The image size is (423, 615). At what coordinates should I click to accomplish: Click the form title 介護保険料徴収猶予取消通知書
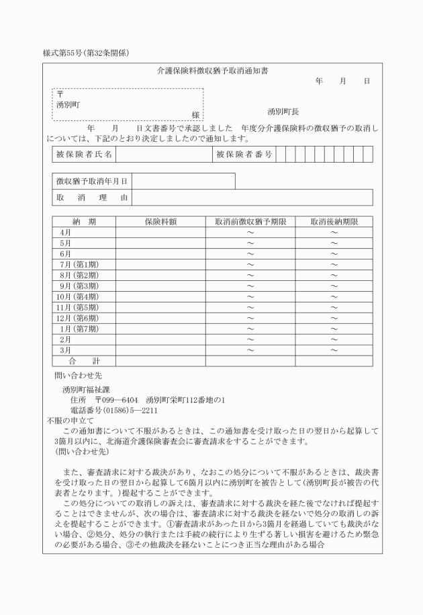[x=212, y=70]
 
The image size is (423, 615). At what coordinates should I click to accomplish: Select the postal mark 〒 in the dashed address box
[x=60, y=94]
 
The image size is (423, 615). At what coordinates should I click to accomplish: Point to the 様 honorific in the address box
[x=195, y=116]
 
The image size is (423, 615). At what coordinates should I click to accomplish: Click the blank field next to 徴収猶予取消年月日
[x=183, y=181]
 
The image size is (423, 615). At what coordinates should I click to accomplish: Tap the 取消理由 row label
[x=92, y=198]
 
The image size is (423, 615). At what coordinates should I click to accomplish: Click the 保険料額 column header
[x=160, y=221]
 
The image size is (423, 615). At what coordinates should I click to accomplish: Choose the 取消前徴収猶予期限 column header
[x=250, y=221]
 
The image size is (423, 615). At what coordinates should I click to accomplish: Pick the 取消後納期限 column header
[x=334, y=221]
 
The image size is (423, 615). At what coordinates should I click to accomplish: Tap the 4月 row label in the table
[x=66, y=232]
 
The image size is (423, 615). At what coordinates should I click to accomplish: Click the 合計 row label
[x=83, y=361]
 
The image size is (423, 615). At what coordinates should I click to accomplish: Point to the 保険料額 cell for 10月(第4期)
[x=160, y=296]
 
